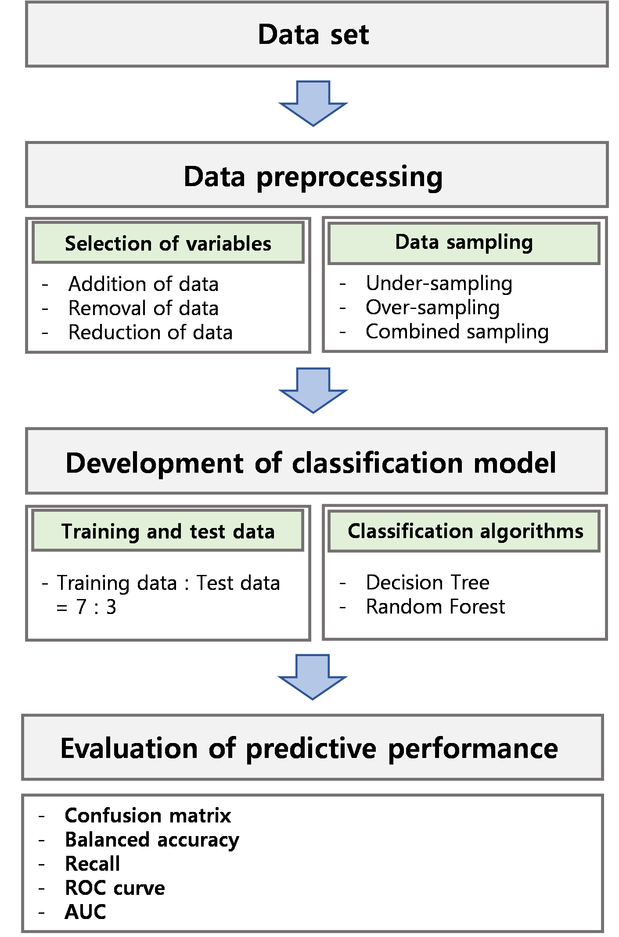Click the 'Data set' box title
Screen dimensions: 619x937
(x=313, y=34)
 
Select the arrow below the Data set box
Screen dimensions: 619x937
(x=313, y=103)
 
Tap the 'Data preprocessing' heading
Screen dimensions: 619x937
(x=313, y=176)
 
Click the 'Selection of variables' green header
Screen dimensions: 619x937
(x=168, y=243)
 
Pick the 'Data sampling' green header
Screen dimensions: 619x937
(x=464, y=243)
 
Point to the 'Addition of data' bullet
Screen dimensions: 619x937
(x=143, y=284)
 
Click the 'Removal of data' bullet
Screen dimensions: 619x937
(x=143, y=308)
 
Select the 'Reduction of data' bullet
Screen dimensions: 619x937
(x=150, y=332)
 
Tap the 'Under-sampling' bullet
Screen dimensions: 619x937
(x=439, y=284)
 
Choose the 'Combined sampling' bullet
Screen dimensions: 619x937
(x=457, y=332)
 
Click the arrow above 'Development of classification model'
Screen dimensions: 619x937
(x=313, y=390)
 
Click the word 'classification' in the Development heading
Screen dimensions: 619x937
(x=378, y=463)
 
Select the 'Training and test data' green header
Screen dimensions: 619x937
(x=168, y=530)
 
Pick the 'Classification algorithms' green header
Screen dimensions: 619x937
(x=464, y=531)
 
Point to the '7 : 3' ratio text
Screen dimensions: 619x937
(x=96, y=607)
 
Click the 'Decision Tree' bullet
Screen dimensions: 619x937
(x=428, y=582)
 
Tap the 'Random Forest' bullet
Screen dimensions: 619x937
(x=435, y=607)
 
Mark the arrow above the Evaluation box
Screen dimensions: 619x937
(x=313, y=677)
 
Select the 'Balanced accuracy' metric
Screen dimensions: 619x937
(x=152, y=840)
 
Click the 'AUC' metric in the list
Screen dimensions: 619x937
(x=85, y=912)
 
